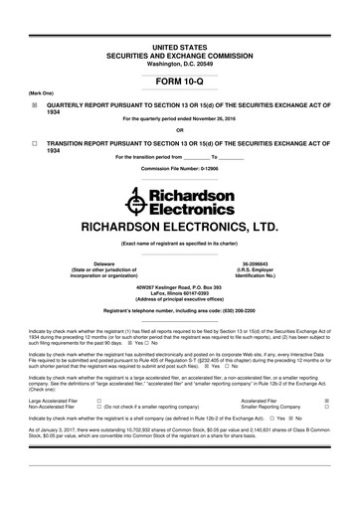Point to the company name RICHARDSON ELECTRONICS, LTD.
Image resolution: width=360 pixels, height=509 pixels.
179,226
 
